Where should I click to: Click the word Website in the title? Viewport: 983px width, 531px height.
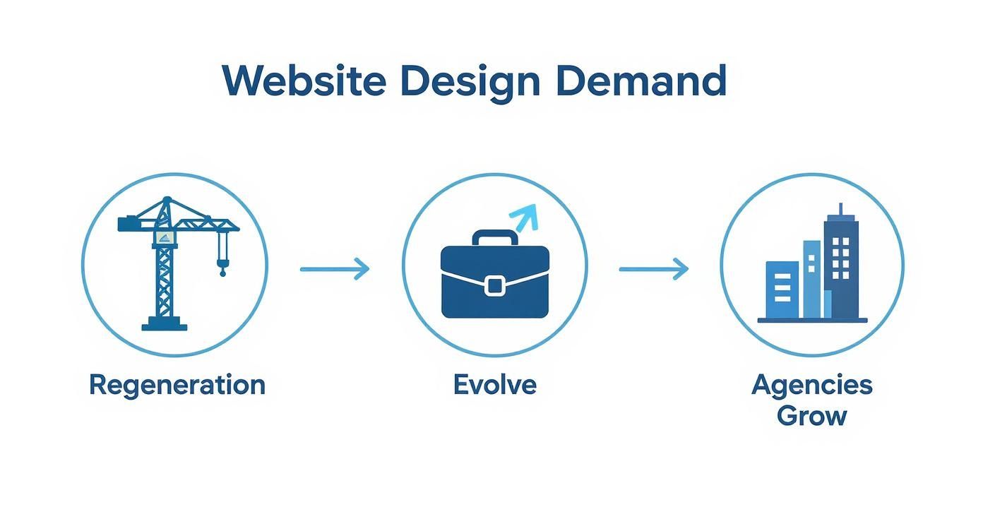304,81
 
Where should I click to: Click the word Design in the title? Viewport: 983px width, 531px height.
470,83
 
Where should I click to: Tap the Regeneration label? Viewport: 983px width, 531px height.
177,386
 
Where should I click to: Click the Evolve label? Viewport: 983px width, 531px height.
494,386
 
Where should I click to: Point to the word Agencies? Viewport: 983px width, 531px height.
812,386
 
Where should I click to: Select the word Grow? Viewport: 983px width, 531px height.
811,415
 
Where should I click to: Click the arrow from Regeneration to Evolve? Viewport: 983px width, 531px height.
335,268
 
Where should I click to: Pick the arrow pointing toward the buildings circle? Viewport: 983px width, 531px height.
653,268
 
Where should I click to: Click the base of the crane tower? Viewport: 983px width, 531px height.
165,325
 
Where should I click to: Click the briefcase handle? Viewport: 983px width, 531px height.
494,237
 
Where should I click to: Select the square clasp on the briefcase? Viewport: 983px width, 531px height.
495,285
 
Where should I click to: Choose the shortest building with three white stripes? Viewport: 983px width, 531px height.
782,290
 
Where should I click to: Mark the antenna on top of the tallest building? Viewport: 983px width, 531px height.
841,209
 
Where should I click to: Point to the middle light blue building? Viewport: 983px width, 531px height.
812,279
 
